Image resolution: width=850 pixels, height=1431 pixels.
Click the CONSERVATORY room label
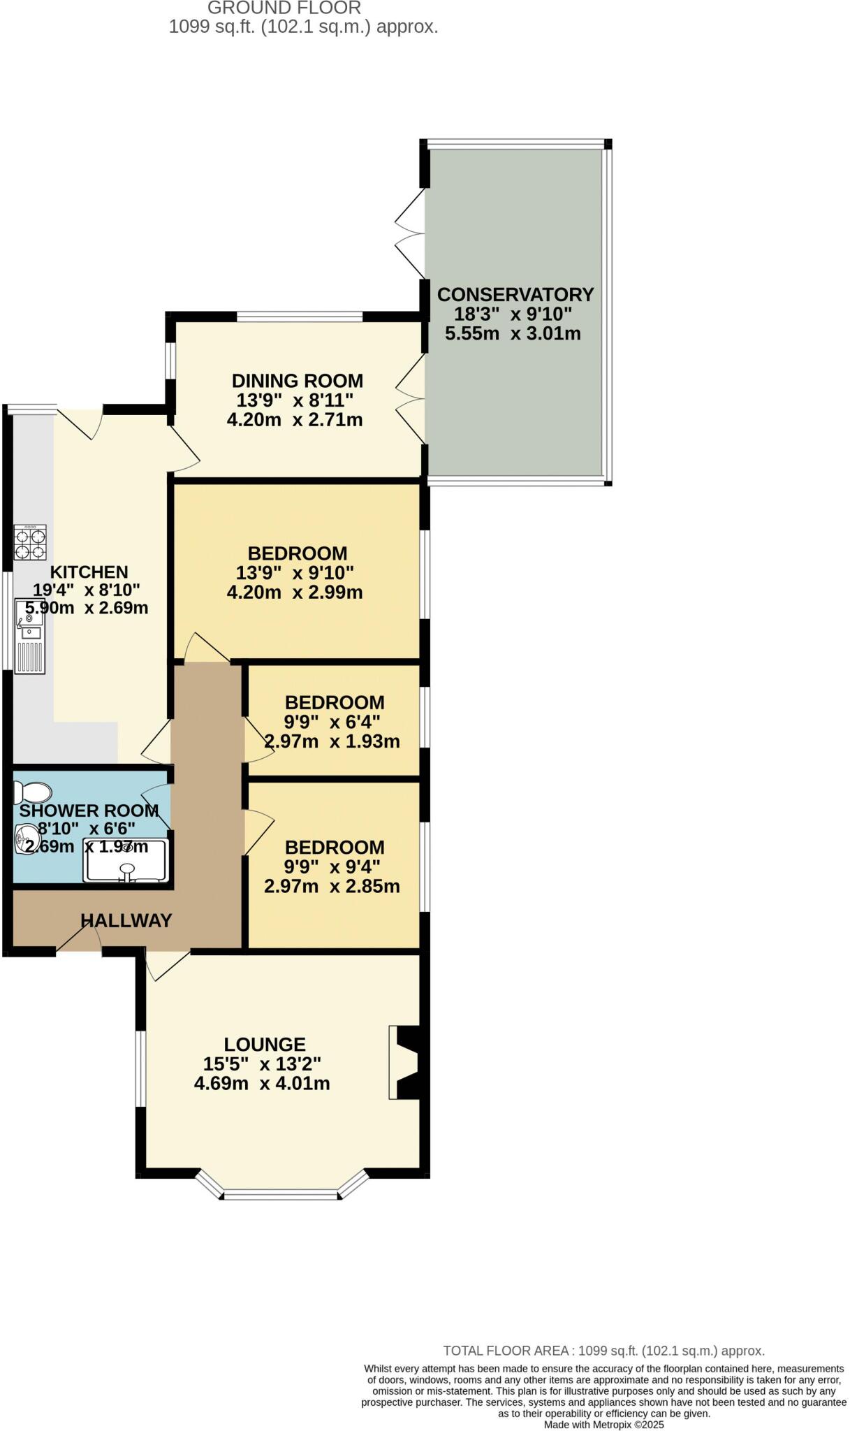pyautogui.click(x=515, y=294)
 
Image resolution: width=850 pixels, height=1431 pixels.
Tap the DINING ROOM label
pyautogui.click(x=298, y=381)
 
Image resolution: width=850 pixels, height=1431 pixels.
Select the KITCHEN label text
pyautogui.click(x=89, y=572)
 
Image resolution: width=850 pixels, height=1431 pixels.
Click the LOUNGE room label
pyautogui.click(x=265, y=1045)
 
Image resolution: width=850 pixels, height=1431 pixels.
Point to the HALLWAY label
pyautogui.click(x=126, y=920)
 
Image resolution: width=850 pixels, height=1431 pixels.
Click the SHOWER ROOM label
pyautogui.click(x=89, y=811)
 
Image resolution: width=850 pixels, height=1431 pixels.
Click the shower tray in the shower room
pyautogui.click(x=126, y=861)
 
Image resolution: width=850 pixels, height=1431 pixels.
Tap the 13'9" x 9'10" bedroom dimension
pyautogui.click(x=295, y=573)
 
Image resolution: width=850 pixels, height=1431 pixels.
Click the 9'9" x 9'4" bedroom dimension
pyautogui.click(x=332, y=866)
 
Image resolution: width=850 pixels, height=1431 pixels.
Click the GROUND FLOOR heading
pyautogui.click(x=284, y=8)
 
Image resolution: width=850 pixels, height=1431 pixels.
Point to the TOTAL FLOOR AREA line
pyautogui.click(x=604, y=1351)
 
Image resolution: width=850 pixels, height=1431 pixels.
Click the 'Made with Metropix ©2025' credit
pyautogui.click(x=603, y=1424)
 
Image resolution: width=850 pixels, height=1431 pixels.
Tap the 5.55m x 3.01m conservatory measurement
pyautogui.click(x=513, y=333)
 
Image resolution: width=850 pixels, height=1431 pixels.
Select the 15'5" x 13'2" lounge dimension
pyautogui.click(x=262, y=1064)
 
